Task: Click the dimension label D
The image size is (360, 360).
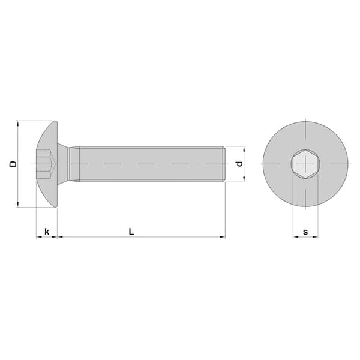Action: (x=13, y=164)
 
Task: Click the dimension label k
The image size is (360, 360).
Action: (x=47, y=232)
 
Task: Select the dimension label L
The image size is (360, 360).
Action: (x=131, y=232)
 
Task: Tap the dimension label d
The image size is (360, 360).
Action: (x=239, y=164)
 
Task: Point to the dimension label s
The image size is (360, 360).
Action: (x=305, y=232)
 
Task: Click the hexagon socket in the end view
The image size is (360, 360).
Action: (x=305, y=164)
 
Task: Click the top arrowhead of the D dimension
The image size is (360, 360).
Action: (x=18, y=124)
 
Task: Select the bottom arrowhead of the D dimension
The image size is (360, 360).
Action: (x=18, y=205)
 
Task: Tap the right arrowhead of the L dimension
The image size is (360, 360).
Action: (x=223, y=237)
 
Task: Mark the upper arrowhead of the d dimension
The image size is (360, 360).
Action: (x=244, y=149)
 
